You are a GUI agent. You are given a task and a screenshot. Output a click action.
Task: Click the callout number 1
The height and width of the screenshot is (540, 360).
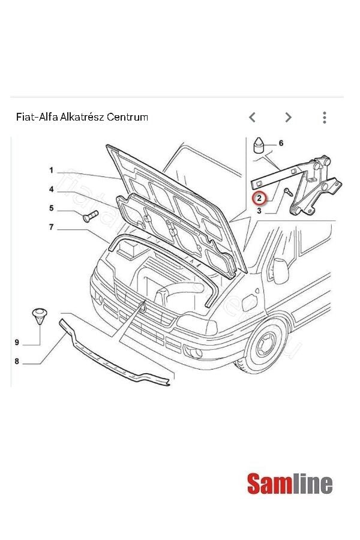pos(52,170)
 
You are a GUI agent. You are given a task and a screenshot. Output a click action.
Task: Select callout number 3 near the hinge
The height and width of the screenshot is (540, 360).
pos(259,211)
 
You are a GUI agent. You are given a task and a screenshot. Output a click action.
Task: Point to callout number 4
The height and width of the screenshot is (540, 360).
pos(52,190)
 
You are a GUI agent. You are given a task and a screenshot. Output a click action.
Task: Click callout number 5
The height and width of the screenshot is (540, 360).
pos(52,208)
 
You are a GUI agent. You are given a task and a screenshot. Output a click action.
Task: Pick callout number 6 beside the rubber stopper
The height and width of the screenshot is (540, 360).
pos(280,143)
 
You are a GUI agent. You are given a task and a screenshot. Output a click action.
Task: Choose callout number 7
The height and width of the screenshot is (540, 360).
pos(52,227)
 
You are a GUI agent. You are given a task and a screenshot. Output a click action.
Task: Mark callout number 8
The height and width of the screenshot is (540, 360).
pos(17,361)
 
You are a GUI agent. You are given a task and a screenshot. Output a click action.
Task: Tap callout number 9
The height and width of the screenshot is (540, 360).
pos(17,342)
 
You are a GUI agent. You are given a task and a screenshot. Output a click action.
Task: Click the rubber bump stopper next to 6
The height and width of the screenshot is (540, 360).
pos(259,146)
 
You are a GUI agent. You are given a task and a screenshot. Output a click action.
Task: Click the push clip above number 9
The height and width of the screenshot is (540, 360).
pos(40,315)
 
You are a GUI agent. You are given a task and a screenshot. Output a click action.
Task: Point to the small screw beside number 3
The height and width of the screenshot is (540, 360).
pos(287,193)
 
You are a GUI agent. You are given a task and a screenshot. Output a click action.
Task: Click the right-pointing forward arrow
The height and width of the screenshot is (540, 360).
pos(289,117)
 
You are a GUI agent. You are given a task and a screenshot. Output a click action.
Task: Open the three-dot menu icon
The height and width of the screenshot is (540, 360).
pos(324,117)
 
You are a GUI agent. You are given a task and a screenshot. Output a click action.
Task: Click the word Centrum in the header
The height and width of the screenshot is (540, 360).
pos(127,117)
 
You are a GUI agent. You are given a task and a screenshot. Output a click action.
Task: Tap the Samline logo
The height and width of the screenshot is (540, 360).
pos(290,484)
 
